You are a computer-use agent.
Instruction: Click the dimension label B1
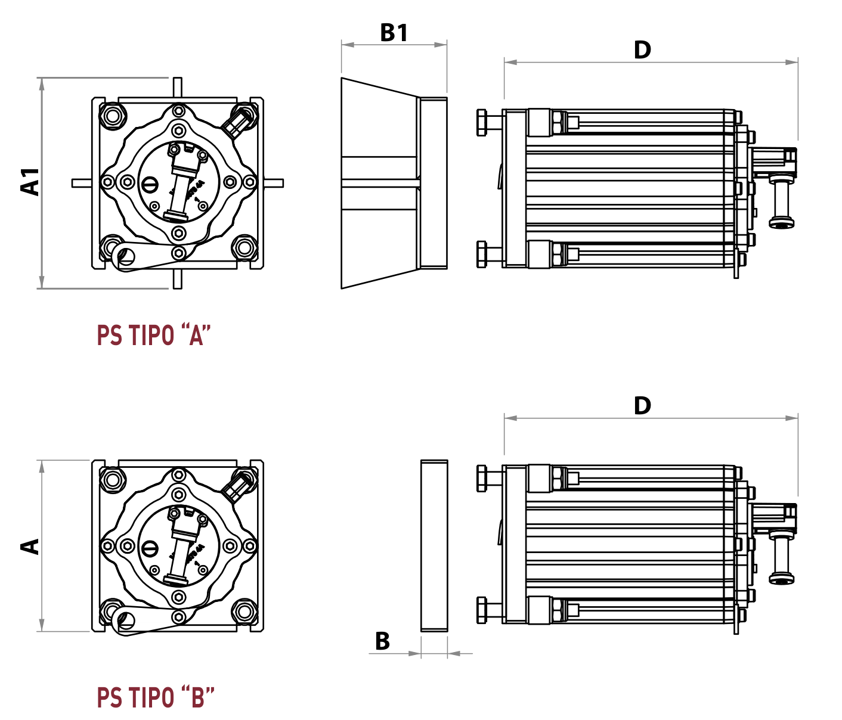pos(394,33)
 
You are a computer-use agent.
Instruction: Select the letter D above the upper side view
pos(642,50)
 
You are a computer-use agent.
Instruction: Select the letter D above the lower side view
pos(642,406)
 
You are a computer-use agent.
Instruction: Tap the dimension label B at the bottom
pos(382,641)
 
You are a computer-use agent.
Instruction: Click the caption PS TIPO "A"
pos(154,336)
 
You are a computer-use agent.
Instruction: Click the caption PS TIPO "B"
pos(155,697)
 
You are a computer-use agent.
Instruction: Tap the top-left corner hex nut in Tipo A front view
pos(112,115)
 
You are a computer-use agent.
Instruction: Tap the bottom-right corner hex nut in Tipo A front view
pos(244,247)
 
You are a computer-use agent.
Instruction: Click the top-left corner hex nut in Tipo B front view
pos(112,479)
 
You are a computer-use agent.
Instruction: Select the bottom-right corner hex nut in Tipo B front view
pos(244,611)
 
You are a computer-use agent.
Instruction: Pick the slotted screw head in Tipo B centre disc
pos(150,547)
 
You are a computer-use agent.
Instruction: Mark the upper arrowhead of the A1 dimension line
pos(42,83)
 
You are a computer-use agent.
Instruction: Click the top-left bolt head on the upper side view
pos(482,123)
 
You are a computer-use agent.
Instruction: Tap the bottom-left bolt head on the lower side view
pos(482,610)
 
